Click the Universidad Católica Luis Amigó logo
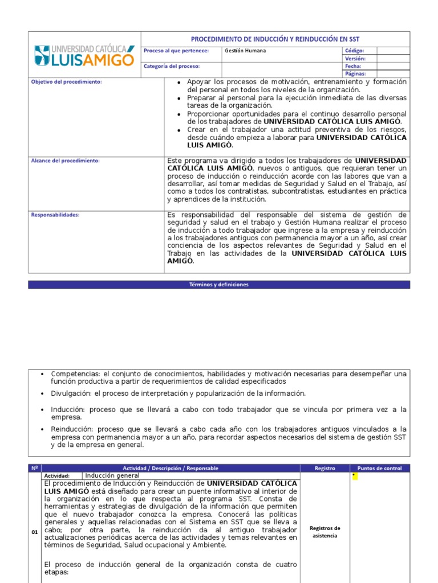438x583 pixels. [x=84, y=55]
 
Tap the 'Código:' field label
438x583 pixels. [x=354, y=51]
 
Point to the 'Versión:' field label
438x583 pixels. [x=355, y=59]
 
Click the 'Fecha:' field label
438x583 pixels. [x=353, y=66]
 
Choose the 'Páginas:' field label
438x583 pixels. [x=355, y=73]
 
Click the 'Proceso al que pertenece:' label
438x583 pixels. [x=176, y=51]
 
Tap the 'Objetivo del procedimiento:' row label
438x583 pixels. [x=66, y=82]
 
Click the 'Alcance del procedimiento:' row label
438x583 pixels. [x=65, y=161]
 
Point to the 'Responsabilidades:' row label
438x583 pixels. [x=55, y=215]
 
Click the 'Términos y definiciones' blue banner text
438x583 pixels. [x=219, y=285]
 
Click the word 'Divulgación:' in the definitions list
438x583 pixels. [x=71, y=393]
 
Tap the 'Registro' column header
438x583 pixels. [x=325, y=468]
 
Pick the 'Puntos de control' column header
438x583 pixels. [x=379, y=468]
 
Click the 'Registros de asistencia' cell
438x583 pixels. [x=325, y=532]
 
